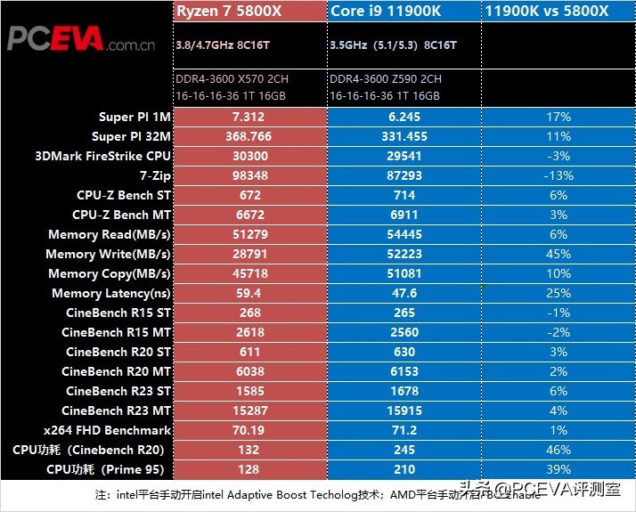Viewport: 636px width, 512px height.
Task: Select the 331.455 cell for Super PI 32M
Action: point(403,136)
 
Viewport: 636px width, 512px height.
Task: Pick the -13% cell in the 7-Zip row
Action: point(557,175)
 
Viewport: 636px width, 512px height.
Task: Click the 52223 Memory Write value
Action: point(403,254)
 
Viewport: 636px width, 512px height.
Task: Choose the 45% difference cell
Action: point(557,254)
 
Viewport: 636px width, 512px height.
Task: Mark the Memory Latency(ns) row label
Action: point(110,293)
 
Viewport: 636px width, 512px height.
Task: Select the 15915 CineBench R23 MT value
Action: point(403,410)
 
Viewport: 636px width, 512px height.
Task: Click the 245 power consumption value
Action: point(403,450)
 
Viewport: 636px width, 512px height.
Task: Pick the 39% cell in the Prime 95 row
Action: point(557,469)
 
